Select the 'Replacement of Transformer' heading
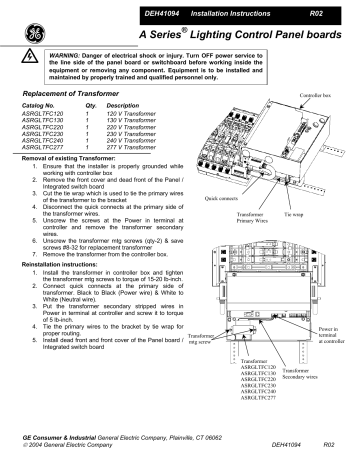(x=68, y=120)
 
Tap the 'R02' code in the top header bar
(x=315, y=10)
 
